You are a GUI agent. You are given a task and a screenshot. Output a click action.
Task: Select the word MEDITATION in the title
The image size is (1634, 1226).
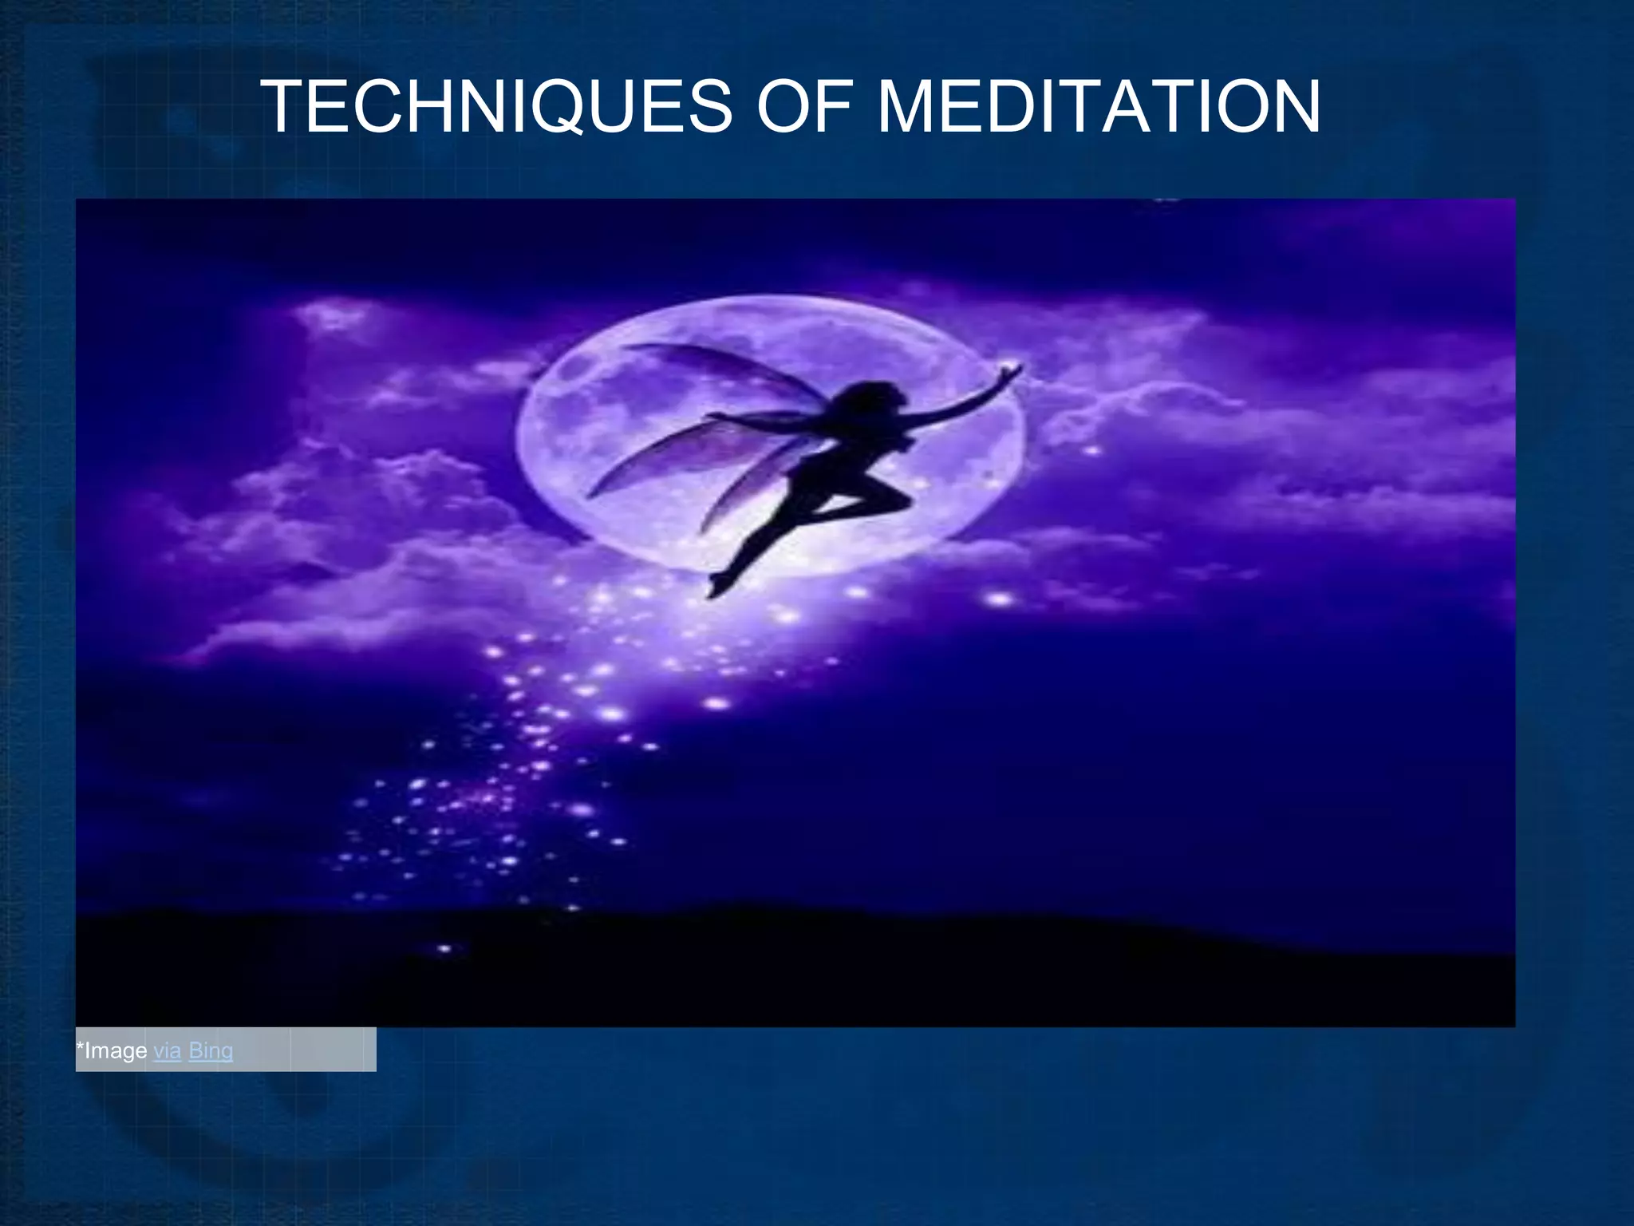1098,107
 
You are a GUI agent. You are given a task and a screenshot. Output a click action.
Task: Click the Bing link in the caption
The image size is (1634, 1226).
211,1050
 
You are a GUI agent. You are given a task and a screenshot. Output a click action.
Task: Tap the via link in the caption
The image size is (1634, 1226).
167,1050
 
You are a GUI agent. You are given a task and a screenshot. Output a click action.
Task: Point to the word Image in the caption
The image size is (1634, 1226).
116,1050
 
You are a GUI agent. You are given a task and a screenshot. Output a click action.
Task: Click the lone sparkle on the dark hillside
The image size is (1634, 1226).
444,949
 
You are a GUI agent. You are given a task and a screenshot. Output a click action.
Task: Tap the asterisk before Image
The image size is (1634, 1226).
80,1046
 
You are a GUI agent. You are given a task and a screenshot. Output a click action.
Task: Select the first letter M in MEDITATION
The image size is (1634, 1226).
909,107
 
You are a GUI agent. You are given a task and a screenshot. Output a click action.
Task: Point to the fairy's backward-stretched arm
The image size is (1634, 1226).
758,419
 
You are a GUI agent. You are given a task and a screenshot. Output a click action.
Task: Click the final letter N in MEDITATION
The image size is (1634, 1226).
1293,107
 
